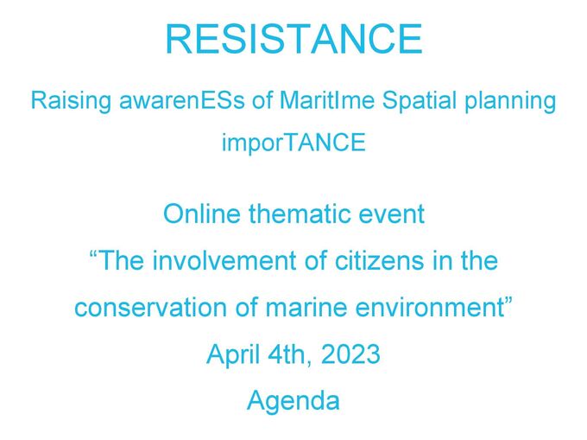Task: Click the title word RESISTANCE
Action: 293,40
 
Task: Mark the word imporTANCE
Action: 293,143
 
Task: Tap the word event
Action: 394,214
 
